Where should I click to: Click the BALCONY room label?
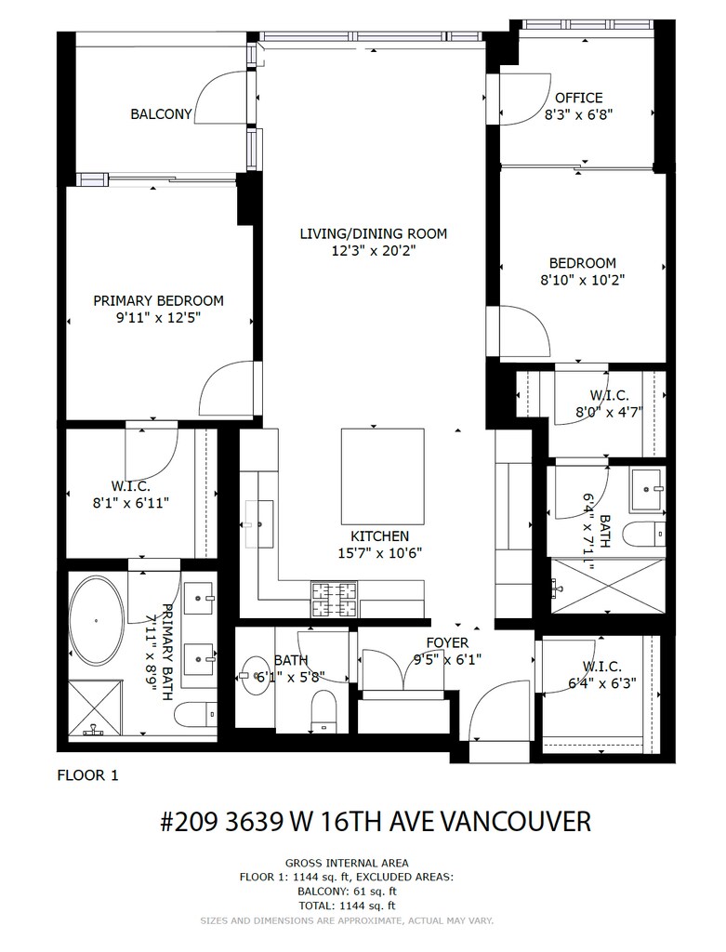[x=161, y=114]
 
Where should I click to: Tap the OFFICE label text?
[x=578, y=98]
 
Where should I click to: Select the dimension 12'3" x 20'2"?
[x=374, y=250]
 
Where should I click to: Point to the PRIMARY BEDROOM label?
[x=158, y=300]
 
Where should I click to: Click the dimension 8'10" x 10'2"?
[x=582, y=280]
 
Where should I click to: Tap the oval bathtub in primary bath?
[x=96, y=621]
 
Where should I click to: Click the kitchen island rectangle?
[x=382, y=476]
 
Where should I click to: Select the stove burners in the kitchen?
[x=334, y=599]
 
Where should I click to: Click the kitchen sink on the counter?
[x=260, y=524]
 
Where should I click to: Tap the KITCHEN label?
[x=380, y=536]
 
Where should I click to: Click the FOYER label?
[x=447, y=642]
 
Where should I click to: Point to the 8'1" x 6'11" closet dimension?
[x=130, y=503]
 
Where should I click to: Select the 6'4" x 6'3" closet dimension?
[x=601, y=683]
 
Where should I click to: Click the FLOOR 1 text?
[x=88, y=775]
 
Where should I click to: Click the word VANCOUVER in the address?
[x=515, y=822]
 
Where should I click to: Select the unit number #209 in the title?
[x=190, y=822]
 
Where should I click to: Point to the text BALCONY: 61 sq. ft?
[x=347, y=892]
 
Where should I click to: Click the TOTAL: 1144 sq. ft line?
[x=347, y=906]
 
